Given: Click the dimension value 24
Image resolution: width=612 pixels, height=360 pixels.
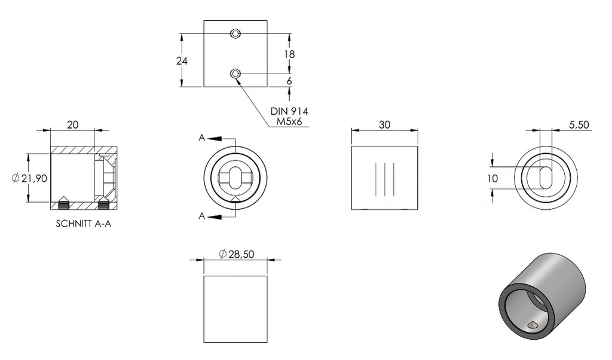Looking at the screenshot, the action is pyautogui.click(x=182, y=61).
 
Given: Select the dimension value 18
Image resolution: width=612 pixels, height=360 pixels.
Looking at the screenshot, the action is pyautogui.click(x=289, y=54).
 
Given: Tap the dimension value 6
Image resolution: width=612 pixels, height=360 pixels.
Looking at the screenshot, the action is pyautogui.click(x=289, y=81).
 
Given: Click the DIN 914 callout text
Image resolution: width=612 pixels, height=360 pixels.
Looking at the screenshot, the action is pyautogui.click(x=289, y=111).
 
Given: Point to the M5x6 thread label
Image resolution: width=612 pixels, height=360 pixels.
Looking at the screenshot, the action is pyautogui.click(x=289, y=121).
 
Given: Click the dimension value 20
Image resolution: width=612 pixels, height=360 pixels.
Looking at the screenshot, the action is pyautogui.click(x=72, y=124).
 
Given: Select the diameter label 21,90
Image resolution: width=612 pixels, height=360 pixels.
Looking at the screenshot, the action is pyautogui.click(x=30, y=178).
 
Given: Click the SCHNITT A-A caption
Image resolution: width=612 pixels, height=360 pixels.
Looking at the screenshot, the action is pyautogui.click(x=84, y=224).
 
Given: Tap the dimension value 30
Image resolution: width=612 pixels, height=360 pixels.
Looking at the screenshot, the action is pyautogui.click(x=384, y=124).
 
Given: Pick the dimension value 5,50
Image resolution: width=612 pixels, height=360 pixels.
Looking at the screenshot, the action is pyautogui.click(x=579, y=124).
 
